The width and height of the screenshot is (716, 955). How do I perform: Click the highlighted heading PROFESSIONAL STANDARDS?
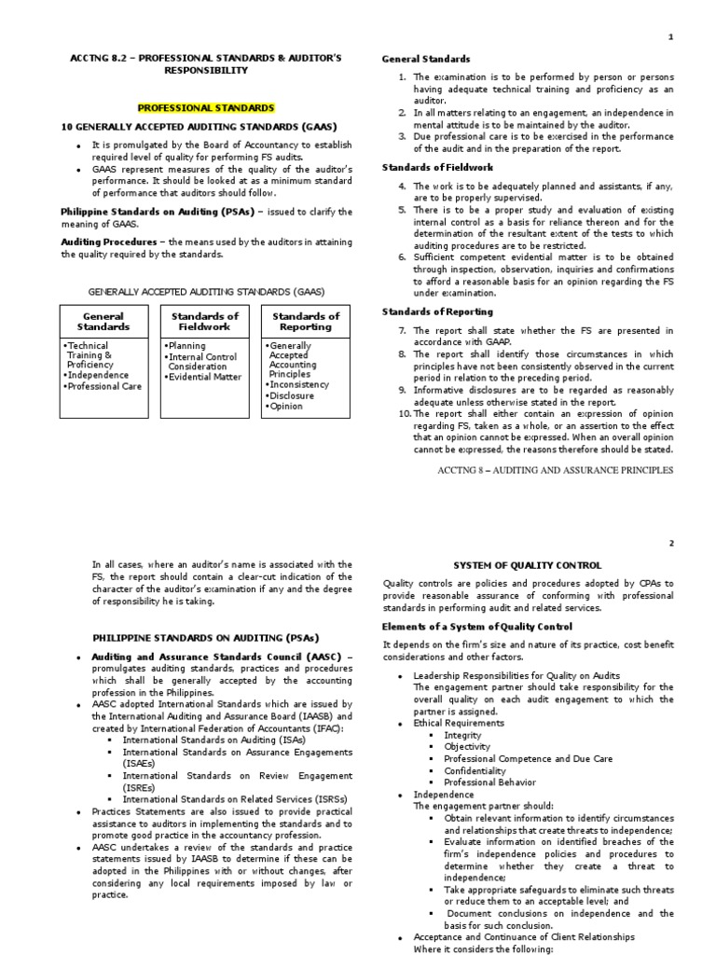(206, 108)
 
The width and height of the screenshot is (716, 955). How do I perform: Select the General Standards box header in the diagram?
(103, 322)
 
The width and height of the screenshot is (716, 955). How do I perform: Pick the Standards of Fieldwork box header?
(205, 322)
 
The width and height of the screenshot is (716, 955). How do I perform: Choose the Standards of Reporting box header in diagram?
(306, 322)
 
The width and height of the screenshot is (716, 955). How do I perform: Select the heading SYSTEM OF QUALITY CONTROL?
(528, 565)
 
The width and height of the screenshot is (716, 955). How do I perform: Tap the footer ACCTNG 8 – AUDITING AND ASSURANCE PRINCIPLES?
(555, 471)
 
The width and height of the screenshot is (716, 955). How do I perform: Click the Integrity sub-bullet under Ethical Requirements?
(462, 735)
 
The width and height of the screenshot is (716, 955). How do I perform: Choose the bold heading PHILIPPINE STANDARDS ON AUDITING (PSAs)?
(205, 637)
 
